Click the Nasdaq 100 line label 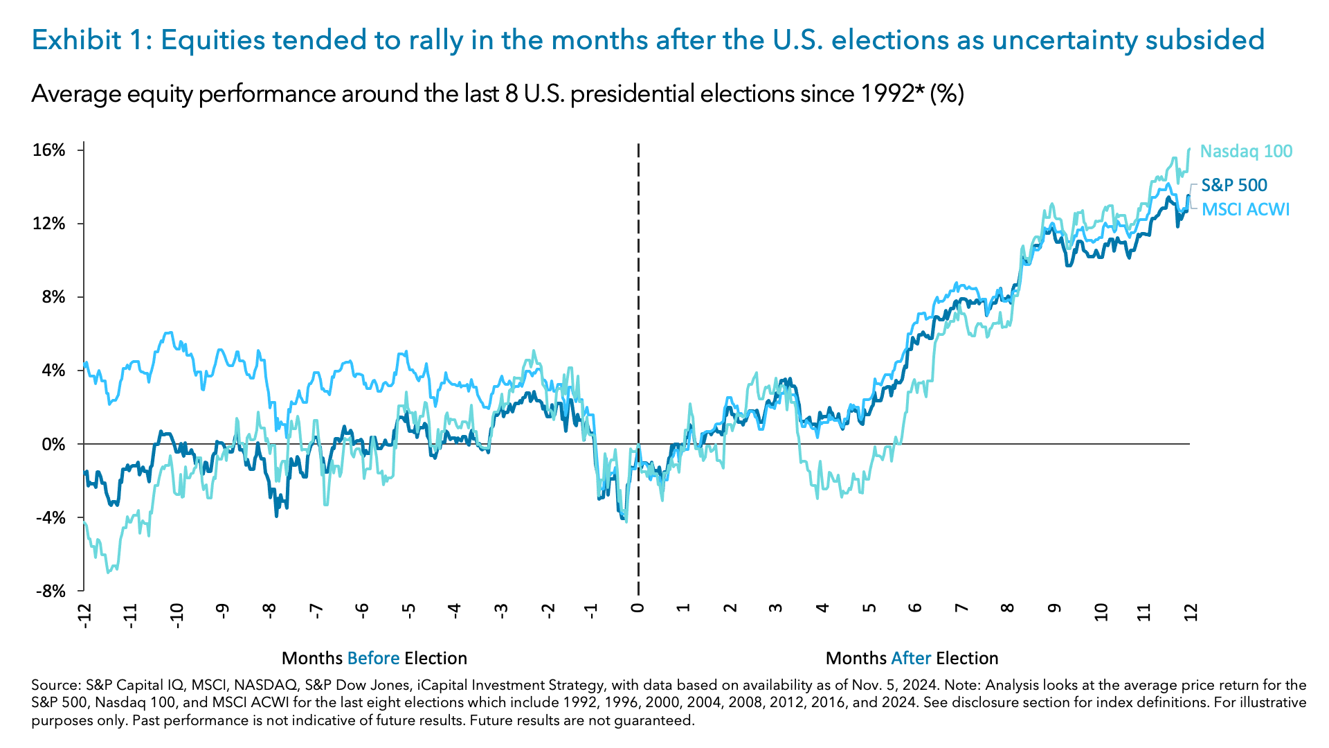[x=1246, y=151]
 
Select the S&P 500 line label [x=1234, y=185]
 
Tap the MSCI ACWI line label [x=1245, y=209]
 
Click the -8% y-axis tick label [x=51, y=591]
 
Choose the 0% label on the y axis [x=53, y=444]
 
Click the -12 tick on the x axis [x=84, y=615]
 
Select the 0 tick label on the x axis [x=638, y=608]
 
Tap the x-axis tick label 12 [x=1191, y=612]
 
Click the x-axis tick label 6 [x=915, y=608]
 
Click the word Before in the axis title [x=373, y=658]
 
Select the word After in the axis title [x=910, y=658]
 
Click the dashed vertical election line [x=638, y=291]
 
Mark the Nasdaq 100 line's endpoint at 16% [x=1189, y=149]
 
